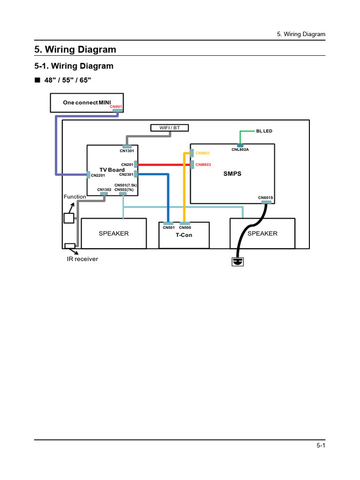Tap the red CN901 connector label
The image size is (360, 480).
point(115,107)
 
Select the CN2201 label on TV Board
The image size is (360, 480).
point(98,175)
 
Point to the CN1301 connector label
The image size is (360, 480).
point(126,150)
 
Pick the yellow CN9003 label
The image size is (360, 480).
point(202,153)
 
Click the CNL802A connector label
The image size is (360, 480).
point(240,150)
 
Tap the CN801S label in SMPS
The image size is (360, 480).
point(265,198)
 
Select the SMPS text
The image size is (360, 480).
point(232,173)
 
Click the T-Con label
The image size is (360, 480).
point(184,235)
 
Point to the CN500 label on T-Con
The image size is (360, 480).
point(185,228)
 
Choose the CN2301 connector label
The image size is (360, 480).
point(127,174)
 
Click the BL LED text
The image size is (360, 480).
point(264,131)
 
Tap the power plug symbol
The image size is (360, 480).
point(238,261)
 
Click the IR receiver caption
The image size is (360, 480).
point(82,259)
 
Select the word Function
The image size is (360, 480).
point(75,197)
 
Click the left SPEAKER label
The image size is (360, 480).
point(113,233)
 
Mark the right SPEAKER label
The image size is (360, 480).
point(262,233)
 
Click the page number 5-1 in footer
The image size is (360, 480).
point(321,446)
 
